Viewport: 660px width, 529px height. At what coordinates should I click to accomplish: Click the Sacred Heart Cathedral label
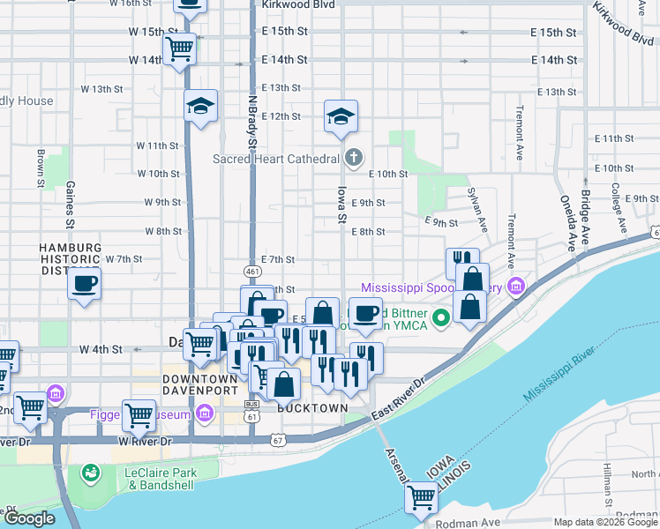pyautogui.click(x=276, y=159)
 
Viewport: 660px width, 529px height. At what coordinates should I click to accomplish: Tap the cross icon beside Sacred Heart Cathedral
pyautogui.click(x=353, y=159)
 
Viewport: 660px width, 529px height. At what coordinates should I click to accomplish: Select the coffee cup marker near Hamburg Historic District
pyautogui.click(x=84, y=285)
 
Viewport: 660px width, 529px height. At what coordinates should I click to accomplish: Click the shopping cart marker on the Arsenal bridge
pyautogui.click(x=421, y=498)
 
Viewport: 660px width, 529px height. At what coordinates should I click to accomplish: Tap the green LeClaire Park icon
pyautogui.click(x=90, y=474)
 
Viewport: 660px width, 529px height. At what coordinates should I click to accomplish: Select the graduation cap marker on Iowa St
pyautogui.click(x=341, y=117)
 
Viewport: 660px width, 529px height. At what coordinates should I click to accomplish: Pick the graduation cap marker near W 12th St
pyautogui.click(x=201, y=108)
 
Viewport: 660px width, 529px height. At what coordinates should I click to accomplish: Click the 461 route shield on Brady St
pyautogui.click(x=252, y=272)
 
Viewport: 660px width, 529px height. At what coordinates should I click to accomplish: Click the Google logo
pyautogui.click(x=28, y=518)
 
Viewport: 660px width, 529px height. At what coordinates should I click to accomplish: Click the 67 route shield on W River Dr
pyautogui.click(x=279, y=440)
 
